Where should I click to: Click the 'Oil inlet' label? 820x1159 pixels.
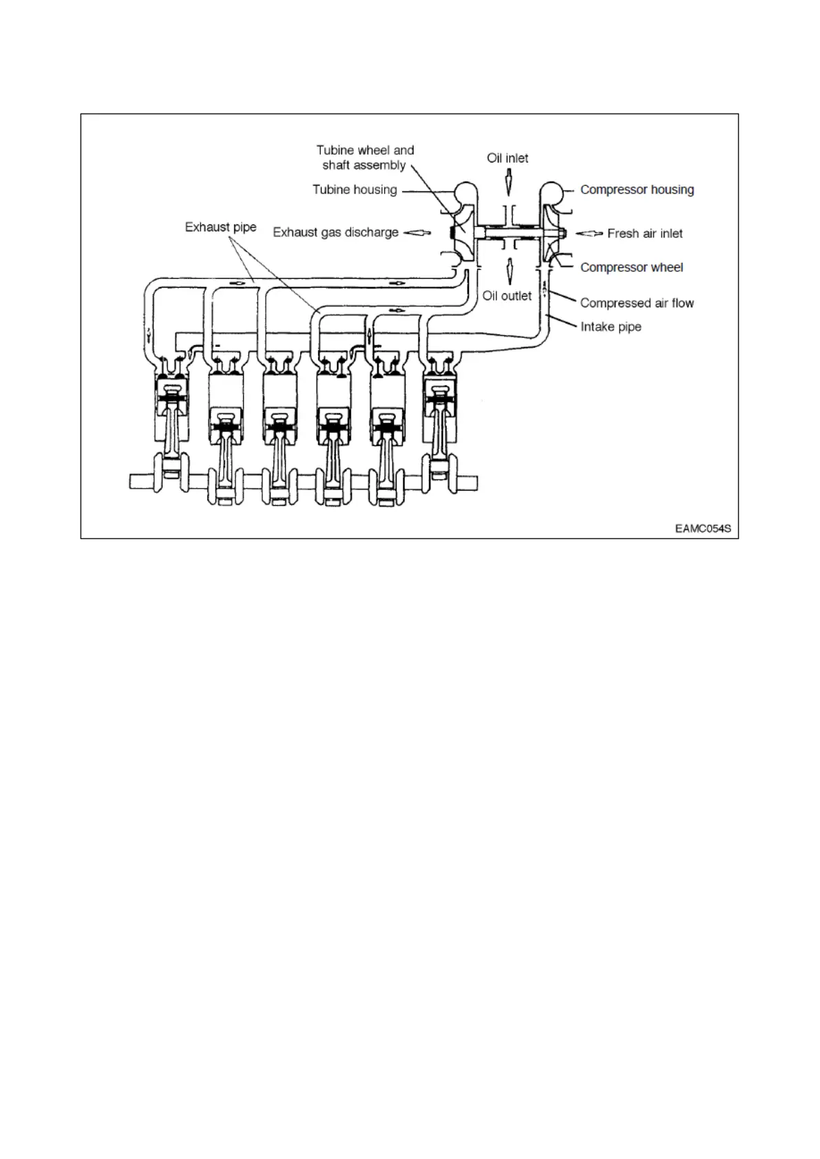tap(507, 158)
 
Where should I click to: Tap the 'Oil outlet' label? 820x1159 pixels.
tap(507, 296)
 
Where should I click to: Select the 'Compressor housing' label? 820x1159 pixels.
tap(637, 190)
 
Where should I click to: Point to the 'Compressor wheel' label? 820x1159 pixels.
tap(631, 268)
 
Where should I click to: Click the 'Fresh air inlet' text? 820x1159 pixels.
tap(644, 234)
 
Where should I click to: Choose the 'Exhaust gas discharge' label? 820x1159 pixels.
tap(335, 233)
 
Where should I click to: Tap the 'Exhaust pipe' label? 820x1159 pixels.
tap(220, 227)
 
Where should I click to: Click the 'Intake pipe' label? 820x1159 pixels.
tap(611, 327)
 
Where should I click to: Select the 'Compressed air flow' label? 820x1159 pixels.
tap(637, 303)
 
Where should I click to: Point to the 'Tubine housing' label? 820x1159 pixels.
tap(355, 190)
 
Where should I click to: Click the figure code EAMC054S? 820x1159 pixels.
tap(702, 529)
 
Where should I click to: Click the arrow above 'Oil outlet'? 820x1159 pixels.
tap(509, 271)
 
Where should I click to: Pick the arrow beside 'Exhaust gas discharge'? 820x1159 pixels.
tap(417, 233)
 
